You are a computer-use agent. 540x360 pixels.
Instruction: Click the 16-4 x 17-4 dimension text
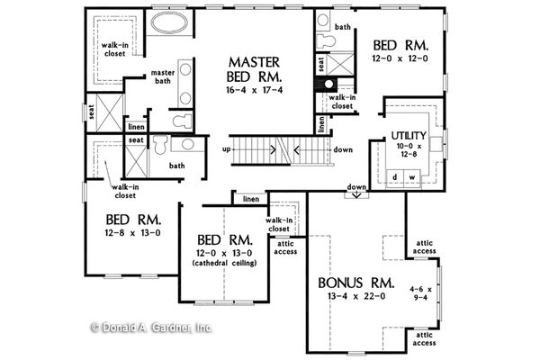[256, 90]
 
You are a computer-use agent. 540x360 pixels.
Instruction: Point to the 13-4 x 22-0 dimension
[356, 297]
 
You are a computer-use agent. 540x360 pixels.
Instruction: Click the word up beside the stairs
[227, 148]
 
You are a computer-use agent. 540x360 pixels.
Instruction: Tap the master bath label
[163, 78]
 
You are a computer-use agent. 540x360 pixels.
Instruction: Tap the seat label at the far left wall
[91, 112]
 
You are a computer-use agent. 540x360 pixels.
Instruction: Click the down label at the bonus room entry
[356, 187]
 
